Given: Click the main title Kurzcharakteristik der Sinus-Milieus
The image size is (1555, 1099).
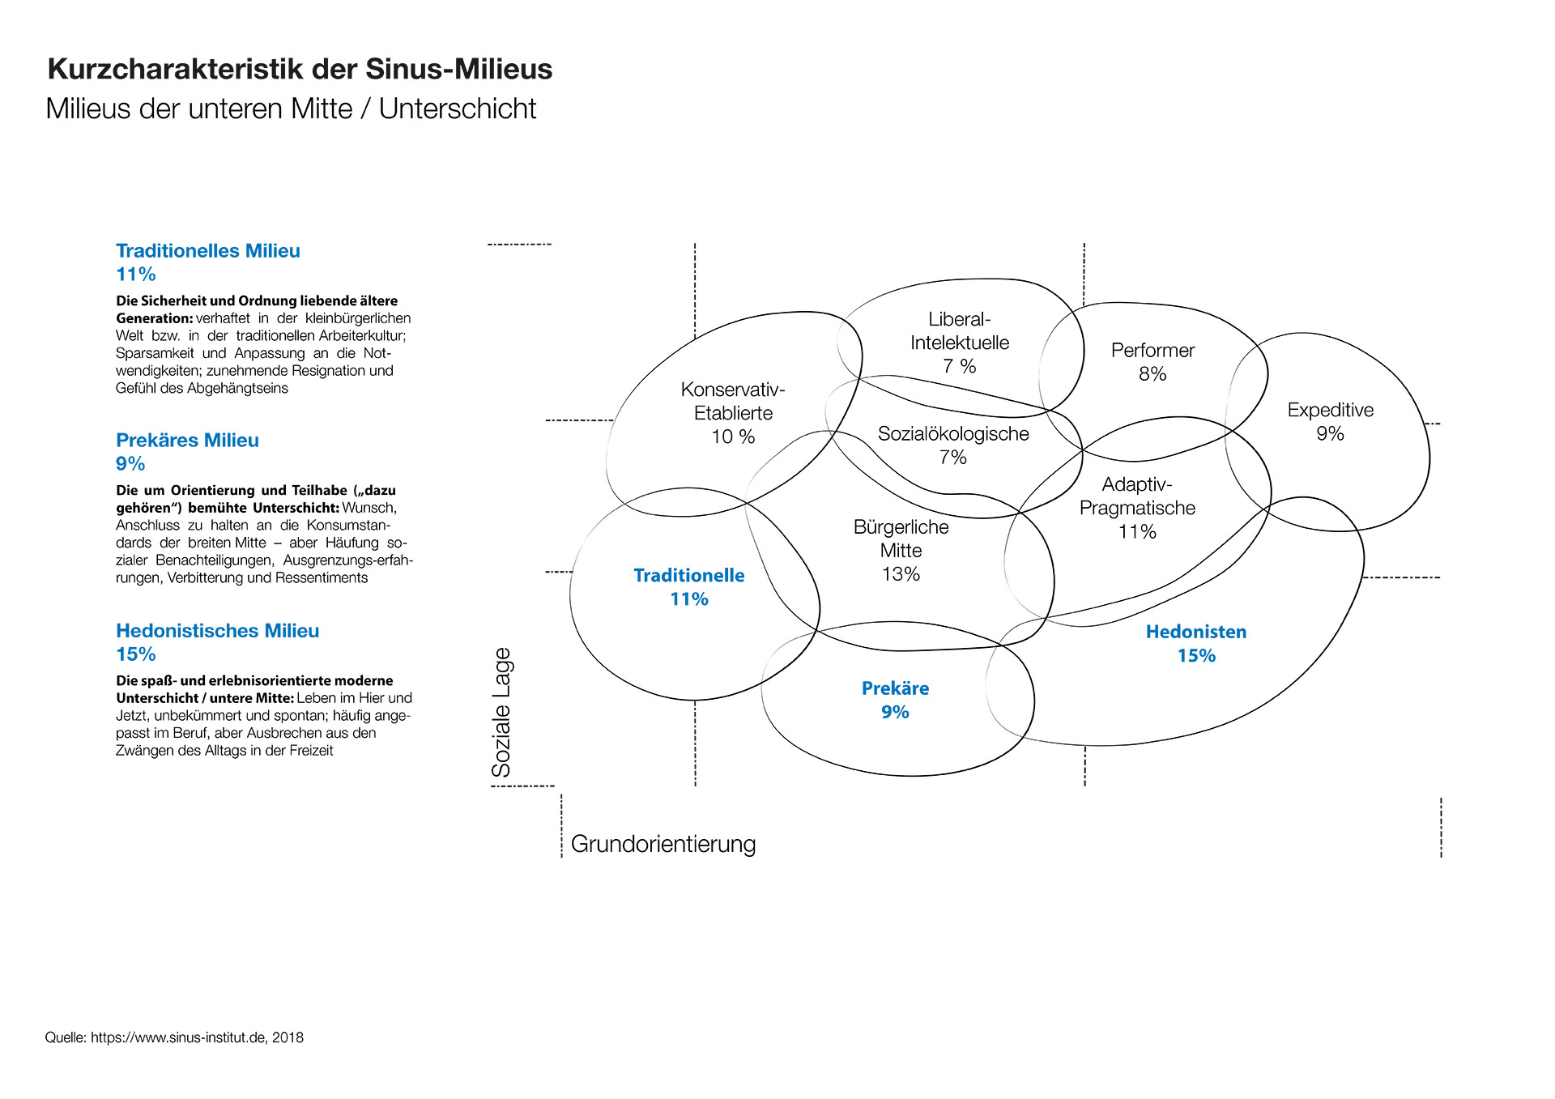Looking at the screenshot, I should tap(300, 70).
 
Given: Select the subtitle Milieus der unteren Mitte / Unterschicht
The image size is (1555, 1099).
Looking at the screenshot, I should tap(291, 109).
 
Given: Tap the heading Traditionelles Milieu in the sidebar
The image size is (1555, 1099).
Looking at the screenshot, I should tap(208, 251).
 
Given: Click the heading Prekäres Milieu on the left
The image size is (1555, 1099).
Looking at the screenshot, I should tap(187, 441).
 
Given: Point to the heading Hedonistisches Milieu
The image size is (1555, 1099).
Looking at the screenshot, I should tap(217, 631).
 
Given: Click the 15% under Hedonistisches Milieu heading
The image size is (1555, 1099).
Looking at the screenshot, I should tap(136, 654).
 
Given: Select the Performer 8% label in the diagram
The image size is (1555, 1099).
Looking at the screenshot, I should tap(1152, 362).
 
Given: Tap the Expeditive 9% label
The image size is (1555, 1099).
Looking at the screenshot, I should tap(1330, 421).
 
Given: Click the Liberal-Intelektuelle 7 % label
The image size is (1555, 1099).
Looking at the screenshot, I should tap(960, 343).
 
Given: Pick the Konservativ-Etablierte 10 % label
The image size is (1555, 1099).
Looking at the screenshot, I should tap(733, 413).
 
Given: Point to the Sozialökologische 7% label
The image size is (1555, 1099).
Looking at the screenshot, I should tap(953, 445).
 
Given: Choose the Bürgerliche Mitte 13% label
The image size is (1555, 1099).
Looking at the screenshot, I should tap(901, 551).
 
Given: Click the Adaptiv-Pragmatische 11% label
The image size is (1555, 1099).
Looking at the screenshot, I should tap(1137, 508).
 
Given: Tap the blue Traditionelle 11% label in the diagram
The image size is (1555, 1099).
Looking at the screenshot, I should tap(689, 587).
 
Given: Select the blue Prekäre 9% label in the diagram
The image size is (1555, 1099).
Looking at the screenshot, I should tap(895, 700).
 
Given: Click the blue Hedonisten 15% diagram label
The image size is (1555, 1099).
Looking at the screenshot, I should tap(1196, 644).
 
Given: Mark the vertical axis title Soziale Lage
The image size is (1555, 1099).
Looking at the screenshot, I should tap(501, 713).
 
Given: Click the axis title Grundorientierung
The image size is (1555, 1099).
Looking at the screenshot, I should tap(663, 844).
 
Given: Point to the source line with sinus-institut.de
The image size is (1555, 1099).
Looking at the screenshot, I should tap(174, 1037).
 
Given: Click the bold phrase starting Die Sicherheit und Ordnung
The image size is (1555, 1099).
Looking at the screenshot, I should tap(257, 309).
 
